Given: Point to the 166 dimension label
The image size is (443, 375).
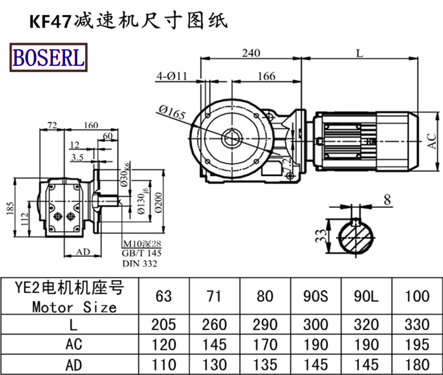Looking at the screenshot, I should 266,76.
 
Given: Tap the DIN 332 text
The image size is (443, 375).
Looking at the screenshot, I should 140,264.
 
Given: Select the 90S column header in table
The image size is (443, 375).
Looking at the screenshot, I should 316,296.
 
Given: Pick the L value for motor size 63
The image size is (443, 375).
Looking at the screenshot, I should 163,324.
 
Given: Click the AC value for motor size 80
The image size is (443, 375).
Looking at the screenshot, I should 265,345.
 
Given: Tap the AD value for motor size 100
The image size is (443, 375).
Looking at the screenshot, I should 418,364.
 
